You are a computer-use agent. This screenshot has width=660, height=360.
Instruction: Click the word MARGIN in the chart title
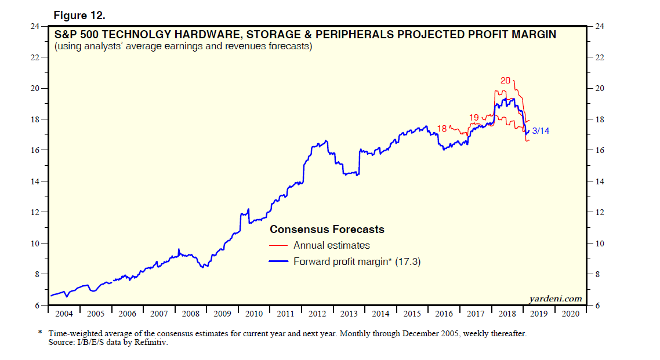point(528,35)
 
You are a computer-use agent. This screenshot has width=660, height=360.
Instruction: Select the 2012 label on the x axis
point(317,314)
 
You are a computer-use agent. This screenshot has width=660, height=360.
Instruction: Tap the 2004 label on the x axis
point(64,314)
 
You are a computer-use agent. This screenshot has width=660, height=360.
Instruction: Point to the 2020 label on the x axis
point(571,314)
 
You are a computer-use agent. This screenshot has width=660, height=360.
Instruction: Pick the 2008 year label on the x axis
point(191,314)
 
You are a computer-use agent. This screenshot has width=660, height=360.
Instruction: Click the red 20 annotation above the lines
point(505,81)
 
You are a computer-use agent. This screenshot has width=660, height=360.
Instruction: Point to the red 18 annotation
point(442,128)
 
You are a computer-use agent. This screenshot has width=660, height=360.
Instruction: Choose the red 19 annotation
point(474,117)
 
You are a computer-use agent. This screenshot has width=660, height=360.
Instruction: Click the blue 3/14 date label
point(541,131)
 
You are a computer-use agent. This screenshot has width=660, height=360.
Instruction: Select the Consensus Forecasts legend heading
point(327,230)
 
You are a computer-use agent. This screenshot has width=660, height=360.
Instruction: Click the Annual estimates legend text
point(332,245)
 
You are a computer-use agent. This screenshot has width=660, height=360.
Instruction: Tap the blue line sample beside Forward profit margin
point(280,262)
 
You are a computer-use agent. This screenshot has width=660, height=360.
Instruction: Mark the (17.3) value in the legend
point(407,262)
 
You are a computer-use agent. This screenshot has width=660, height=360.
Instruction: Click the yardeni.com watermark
point(556,299)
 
